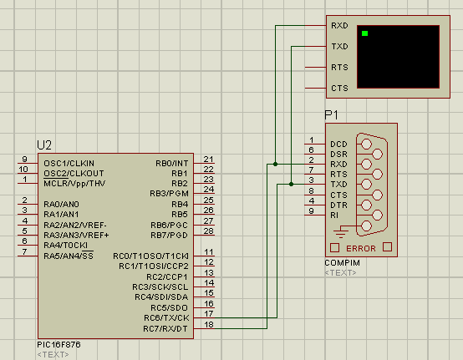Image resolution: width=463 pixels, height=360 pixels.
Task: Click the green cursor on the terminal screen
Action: (x=364, y=33)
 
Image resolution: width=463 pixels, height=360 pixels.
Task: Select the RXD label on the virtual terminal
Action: (x=339, y=26)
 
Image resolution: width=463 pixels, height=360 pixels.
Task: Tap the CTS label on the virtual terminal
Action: (x=339, y=89)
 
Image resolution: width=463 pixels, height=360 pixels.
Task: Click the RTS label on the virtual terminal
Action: (x=339, y=68)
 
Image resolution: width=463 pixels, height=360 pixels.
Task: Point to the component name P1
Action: (x=331, y=114)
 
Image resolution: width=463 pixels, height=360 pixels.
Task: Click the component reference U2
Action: (x=44, y=145)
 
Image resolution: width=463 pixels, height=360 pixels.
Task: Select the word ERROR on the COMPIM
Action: (x=361, y=248)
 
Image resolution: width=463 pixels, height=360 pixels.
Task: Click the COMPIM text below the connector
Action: (x=342, y=262)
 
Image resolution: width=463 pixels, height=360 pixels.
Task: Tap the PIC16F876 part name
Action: (x=59, y=344)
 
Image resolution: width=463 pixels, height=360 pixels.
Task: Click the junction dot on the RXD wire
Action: (x=275, y=164)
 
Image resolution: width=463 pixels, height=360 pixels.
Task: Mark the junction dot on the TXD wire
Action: (x=291, y=184)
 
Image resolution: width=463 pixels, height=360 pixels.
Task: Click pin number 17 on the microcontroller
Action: (x=208, y=314)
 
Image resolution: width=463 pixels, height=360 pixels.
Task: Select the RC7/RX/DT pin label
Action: (x=165, y=328)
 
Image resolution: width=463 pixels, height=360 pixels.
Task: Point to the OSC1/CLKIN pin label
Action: (x=69, y=163)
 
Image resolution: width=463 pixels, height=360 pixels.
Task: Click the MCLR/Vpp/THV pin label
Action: (x=74, y=184)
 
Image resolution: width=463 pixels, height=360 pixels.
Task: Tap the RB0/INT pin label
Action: (x=172, y=163)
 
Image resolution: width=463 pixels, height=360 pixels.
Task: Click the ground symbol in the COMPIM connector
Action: (x=340, y=232)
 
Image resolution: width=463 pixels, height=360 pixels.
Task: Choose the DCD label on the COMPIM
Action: (x=338, y=144)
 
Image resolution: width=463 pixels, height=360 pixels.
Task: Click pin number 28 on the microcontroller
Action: (x=208, y=231)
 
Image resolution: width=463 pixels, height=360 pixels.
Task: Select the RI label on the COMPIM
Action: (x=334, y=215)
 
